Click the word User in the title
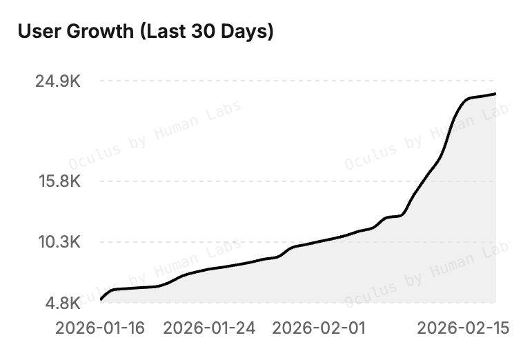[38, 32]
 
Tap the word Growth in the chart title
[98, 32]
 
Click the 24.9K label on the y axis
[57, 81]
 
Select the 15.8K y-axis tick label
[57, 181]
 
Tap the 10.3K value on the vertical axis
[57, 242]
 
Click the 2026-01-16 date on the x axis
[101, 328]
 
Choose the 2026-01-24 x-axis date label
[210, 328]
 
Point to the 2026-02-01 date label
[319, 328]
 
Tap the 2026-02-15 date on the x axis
[464, 328]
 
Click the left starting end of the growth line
[101, 299]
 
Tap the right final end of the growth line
[495, 94]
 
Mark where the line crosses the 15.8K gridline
[422, 181]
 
